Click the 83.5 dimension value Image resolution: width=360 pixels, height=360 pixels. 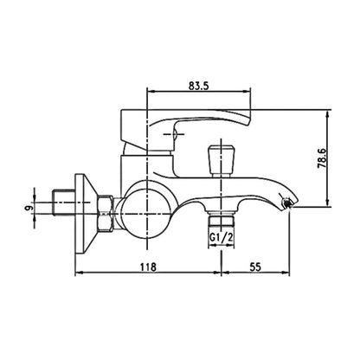198,86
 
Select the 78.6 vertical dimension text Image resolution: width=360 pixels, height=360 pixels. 321,158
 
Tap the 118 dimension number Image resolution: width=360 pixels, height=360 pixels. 148,267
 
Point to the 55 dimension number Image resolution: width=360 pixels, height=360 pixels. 255,267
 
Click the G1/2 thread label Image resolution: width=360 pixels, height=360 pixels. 221,238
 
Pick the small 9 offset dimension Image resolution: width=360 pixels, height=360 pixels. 28,208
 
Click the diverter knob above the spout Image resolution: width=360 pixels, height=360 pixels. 222,161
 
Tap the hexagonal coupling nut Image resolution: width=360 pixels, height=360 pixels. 105,214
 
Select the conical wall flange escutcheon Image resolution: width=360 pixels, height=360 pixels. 87,214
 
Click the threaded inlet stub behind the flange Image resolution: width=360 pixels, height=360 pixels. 63,202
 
